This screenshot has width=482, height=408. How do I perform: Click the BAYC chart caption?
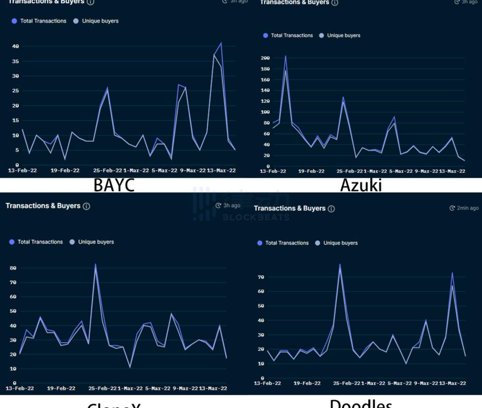pos(114,185)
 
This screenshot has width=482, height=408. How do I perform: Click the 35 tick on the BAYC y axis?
pos(16,61)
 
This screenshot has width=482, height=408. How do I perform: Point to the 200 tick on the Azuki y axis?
pos(265,58)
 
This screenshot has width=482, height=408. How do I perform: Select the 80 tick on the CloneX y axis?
pos(13,268)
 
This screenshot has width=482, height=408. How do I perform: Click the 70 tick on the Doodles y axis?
pos(261,277)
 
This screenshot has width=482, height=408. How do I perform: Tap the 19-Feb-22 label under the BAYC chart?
pos(65,170)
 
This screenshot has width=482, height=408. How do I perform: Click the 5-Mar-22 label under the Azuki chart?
pos(401,171)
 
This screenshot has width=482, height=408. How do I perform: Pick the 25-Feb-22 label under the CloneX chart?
pos(102,388)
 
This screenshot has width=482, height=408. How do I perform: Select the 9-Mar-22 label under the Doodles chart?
pos(426,383)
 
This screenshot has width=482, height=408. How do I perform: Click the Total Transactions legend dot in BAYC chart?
pos(14,21)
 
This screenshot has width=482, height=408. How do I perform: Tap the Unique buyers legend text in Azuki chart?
pos(344,36)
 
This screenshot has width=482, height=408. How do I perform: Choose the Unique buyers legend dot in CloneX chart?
pos(72,242)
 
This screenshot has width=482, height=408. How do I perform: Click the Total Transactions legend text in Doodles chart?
pos(287,243)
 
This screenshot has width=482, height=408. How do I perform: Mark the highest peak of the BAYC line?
pos(221,43)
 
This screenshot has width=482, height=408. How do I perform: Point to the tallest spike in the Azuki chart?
pos(285,56)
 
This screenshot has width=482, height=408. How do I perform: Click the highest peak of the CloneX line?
pos(96,264)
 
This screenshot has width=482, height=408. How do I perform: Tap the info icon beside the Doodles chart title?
pos(331,209)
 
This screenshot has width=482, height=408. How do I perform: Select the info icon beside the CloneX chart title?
pos(87,206)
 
